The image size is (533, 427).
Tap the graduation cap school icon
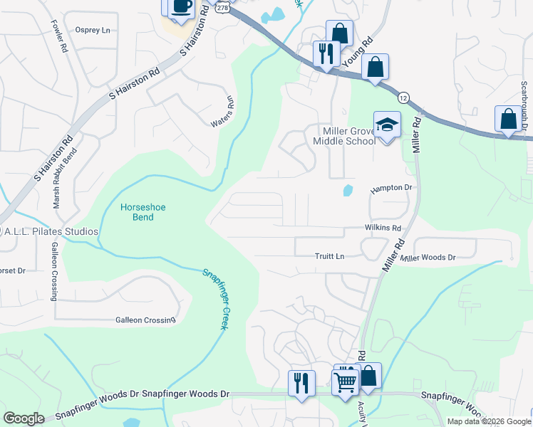[387, 125]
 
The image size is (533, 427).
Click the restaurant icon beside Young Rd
[326, 53]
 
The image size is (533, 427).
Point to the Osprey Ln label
[93, 31]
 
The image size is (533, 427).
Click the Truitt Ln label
[330, 256]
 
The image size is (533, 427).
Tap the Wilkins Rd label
[383, 228]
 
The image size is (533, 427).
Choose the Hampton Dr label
[391, 188]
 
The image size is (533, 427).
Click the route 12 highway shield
[403, 97]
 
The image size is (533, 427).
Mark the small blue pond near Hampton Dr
[348, 190]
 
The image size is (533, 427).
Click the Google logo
[24, 418]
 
